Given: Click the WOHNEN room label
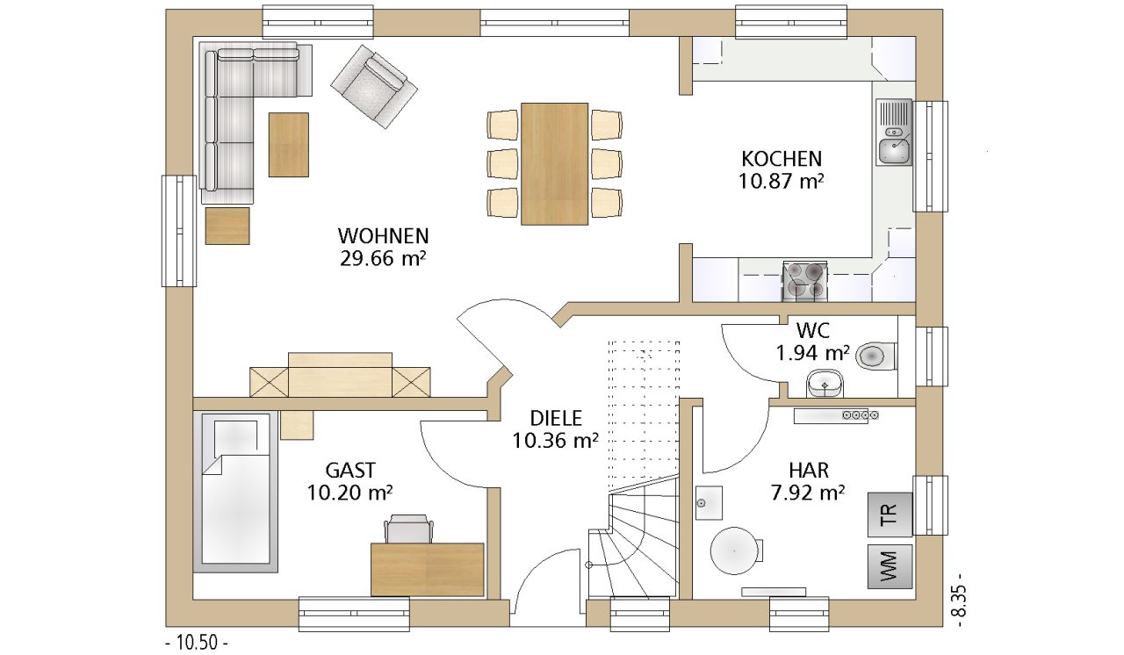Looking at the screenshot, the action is pyautogui.click(x=383, y=235).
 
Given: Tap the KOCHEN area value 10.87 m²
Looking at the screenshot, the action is pyautogui.click(x=781, y=181).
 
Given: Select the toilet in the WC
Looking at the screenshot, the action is pyautogui.click(x=876, y=356).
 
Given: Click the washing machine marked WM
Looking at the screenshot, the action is pyautogui.click(x=890, y=566).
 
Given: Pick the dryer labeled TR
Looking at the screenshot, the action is pyautogui.click(x=890, y=515).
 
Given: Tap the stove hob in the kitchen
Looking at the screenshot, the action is pyautogui.click(x=804, y=281).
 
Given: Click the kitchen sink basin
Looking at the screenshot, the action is pyautogui.click(x=894, y=151).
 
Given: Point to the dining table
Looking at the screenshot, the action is pyautogui.click(x=554, y=164).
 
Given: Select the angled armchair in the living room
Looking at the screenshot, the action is pyautogui.click(x=374, y=86).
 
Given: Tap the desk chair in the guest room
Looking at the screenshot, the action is pyautogui.click(x=408, y=528).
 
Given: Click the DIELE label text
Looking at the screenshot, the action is pyautogui.click(x=556, y=418).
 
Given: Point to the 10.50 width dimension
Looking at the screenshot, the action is pyautogui.click(x=197, y=643).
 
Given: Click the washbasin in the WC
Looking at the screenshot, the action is pyautogui.click(x=825, y=383).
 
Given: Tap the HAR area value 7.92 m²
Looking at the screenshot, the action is pyautogui.click(x=808, y=493).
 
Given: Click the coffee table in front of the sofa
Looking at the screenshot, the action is pyautogui.click(x=289, y=145).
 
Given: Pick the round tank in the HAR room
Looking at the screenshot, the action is pyautogui.click(x=734, y=551).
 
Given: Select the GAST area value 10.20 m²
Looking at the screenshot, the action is pyautogui.click(x=349, y=493).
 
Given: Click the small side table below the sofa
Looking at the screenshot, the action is pyautogui.click(x=227, y=227).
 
